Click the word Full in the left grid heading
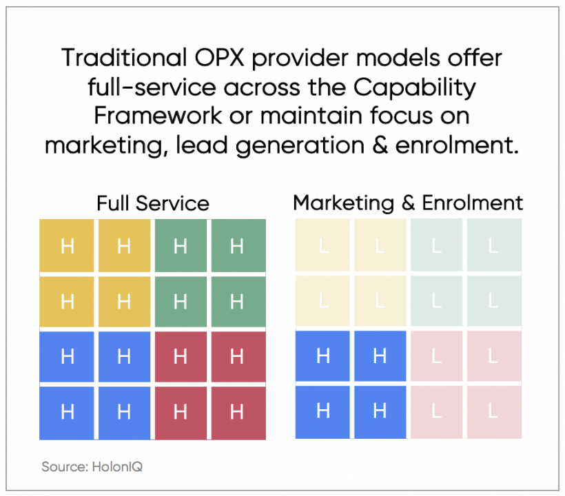(x=113, y=203)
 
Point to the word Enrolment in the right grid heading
(x=473, y=203)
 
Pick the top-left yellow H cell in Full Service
(x=67, y=246)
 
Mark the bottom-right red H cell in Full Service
(x=237, y=412)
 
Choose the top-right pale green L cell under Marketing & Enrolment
(x=493, y=246)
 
